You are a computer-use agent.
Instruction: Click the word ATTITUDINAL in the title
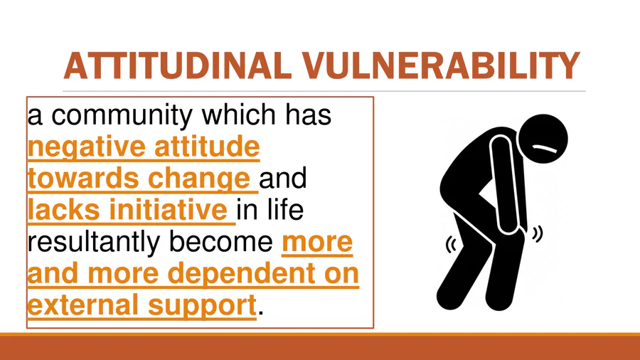coord(178,65)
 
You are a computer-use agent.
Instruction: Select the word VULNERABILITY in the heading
coord(441,65)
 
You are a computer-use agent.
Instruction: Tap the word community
coord(122,116)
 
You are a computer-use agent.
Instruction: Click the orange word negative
coord(87,148)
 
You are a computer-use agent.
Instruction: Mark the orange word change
coord(199,179)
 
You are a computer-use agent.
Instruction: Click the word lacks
coord(64,210)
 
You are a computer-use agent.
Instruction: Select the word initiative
coord(168,210)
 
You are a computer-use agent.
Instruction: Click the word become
coord(221,242)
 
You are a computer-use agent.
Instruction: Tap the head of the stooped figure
coord(543,139)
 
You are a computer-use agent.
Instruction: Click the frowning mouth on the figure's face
coord(544,148)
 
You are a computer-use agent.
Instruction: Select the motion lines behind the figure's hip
coord(451,245)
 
